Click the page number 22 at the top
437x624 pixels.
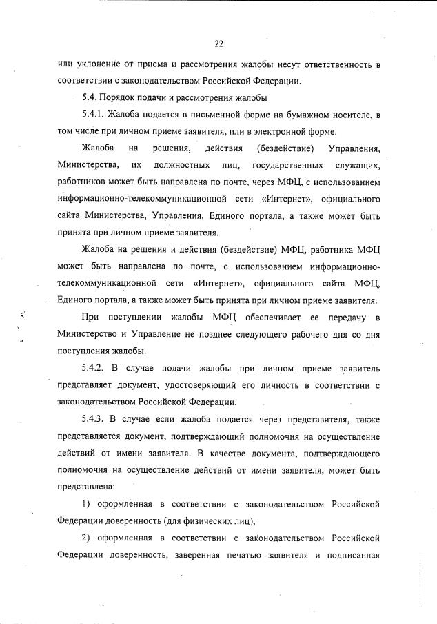pos(218,43)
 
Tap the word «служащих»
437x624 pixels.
pos(358,165)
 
